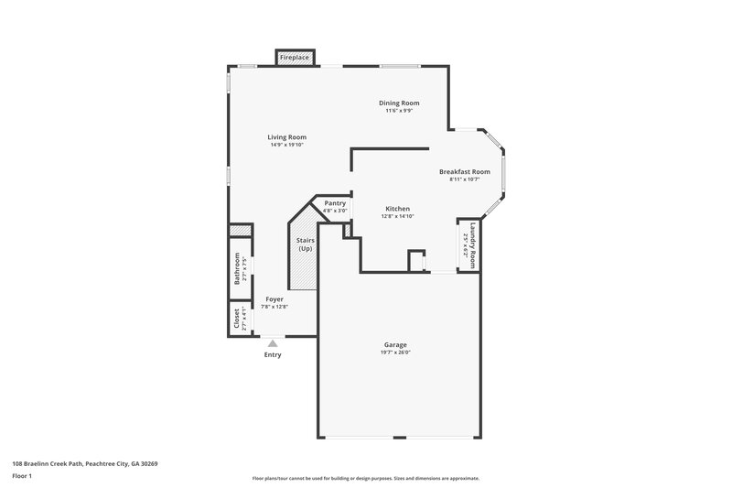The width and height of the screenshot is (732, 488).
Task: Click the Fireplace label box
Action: (295, 58)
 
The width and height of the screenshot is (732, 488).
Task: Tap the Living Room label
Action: (285, 136)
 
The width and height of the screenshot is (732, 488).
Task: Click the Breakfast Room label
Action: (464, 171)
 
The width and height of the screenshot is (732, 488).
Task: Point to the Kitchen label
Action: (397, 208)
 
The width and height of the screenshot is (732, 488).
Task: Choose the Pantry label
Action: (335, 202)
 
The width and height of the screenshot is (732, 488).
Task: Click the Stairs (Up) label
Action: (305, 244)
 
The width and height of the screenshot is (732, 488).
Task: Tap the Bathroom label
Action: (236, 267)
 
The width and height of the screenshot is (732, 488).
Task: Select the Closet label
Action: (236, 319)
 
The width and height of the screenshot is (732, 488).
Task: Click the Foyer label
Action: (274, 299)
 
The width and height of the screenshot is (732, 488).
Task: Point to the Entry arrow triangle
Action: (273, 342)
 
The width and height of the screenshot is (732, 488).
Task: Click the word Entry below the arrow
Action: (273, 354)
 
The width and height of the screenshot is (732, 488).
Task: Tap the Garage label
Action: (395, 344)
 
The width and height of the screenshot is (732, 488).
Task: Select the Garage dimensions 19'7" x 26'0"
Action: (395, 352)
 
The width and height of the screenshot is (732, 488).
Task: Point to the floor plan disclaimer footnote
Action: (366, 478)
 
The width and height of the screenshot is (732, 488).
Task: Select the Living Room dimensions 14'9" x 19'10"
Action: (285, 145)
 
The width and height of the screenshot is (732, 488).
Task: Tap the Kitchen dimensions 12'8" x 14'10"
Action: (397, 217)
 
